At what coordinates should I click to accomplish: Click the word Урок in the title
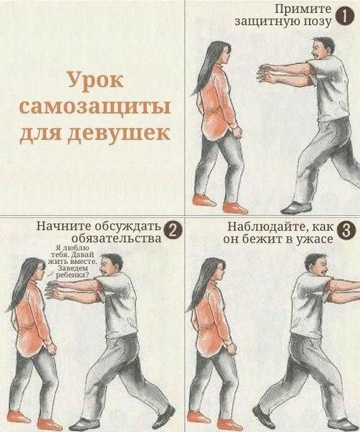pyautogui.click(x=95, y=81)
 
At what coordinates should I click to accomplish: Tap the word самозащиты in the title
pyautogui.click(x=95, y=108)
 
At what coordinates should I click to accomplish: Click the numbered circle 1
pyautogui.click(x=345, y=16)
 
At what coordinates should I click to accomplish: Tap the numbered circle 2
pyautogui.click(x=172, y=230)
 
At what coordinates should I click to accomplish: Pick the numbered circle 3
pyautogui.click(x=345, y=230)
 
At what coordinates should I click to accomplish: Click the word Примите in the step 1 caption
pyautogui.click(x=303, y=9)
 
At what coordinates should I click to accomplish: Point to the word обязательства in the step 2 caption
pyautogui.click(x=117, y=238)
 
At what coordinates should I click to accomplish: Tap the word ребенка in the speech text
pyautogui.click(x=71, y=275)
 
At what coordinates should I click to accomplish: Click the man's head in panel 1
pyautogui.click(x=322, y=50)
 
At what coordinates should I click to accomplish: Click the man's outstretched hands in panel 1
pyautogui.click(x=266, y=73)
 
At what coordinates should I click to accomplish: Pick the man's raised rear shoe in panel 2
pyautogui.click(x=163, y=416)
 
